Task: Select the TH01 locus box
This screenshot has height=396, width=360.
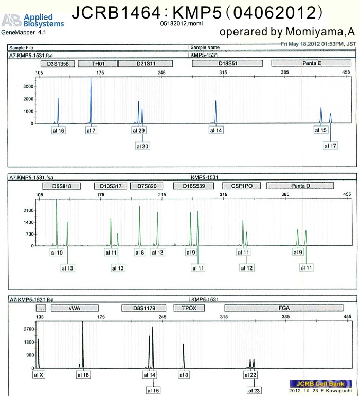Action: tap(98, 64)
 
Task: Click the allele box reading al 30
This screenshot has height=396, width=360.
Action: tap(142, 146)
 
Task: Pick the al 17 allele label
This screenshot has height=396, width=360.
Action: tap(330, 146)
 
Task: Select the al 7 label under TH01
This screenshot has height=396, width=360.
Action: tap(91, 130)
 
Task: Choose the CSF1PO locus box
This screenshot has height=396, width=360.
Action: tap(239, 186)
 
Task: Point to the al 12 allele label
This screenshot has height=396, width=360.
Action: tap(247, 268)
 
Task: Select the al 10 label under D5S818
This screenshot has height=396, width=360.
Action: tap(57, 253)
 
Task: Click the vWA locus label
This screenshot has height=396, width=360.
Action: tap(76, 308)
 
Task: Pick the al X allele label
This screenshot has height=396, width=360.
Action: tap(39, 375)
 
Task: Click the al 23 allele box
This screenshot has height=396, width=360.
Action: tap(254, 391)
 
